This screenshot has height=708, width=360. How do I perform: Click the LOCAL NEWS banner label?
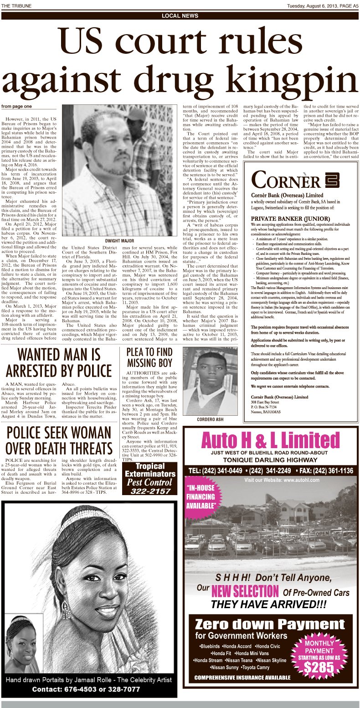point(180,16)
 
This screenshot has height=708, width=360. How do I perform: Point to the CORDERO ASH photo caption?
point(210,419)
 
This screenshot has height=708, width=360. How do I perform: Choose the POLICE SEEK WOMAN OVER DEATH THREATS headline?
point(58,440)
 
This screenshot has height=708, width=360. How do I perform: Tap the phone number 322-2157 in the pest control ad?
point(149,491)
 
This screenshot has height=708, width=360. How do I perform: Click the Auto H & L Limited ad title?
point(270,441)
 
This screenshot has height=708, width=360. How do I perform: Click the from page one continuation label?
point(16,106)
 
